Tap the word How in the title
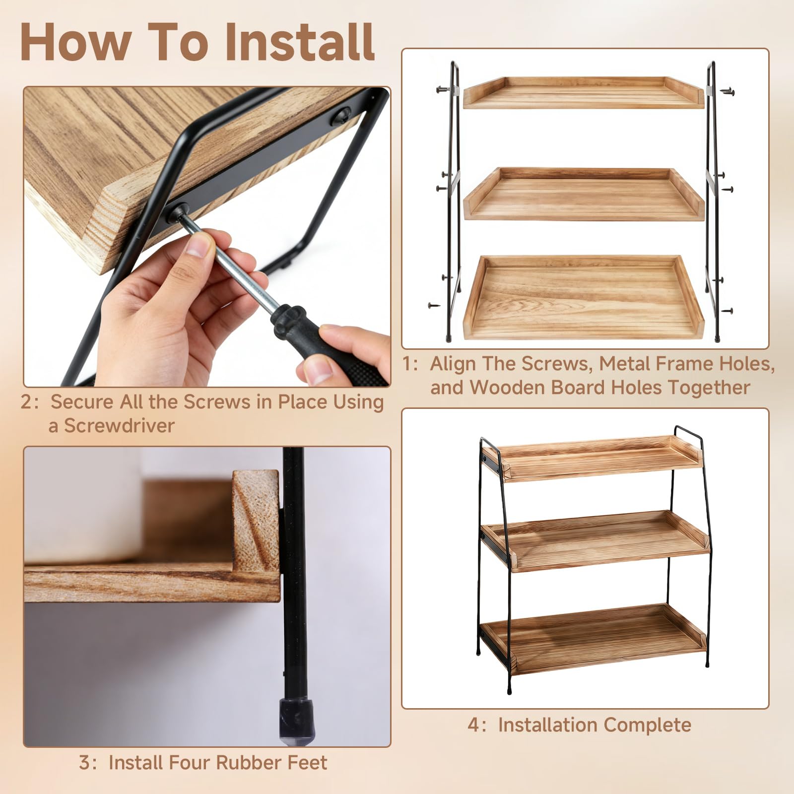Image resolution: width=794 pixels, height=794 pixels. [x=72, y=42]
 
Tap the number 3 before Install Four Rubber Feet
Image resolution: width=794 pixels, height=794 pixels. [x=84, y=762]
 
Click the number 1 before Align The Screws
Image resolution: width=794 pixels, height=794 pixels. [x=408, y=364]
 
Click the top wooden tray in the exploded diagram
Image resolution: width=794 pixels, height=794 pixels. [x=584, y=93]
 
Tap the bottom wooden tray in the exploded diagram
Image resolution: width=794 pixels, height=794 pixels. [x=584, y=298]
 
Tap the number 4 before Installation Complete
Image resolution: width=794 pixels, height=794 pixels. [x=473, y=725]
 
